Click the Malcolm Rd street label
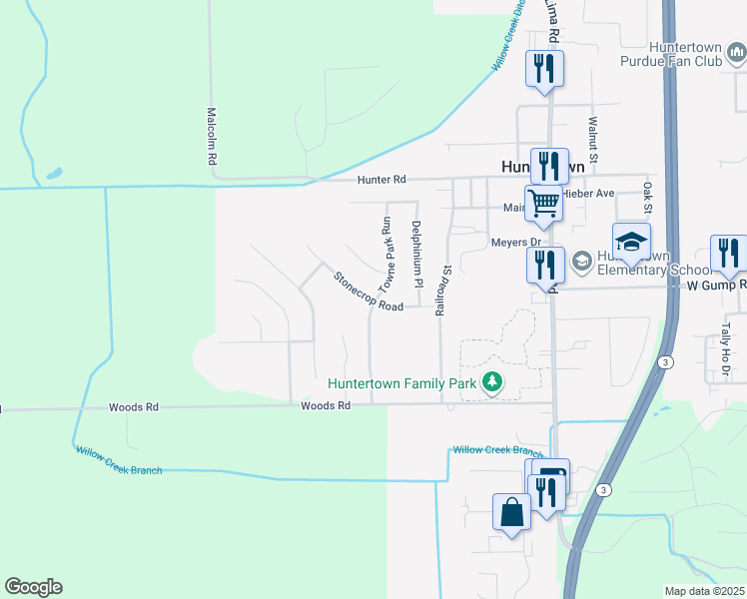point(212,137)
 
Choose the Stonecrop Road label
point(369,292)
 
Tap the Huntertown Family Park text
point(402,382)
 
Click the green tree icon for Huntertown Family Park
point(491,381)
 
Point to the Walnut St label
point(592,139)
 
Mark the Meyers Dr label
point(515,242)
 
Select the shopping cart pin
point(544,202)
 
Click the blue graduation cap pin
point(632,242)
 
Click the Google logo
point(33,587)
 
